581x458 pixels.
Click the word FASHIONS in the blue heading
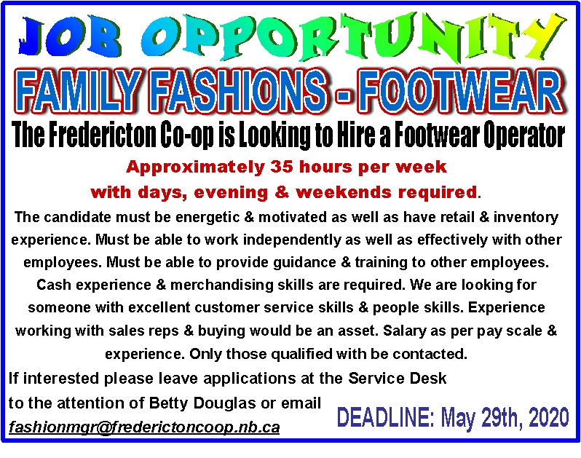click(240, 91)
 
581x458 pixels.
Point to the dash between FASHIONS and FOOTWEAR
click(343, 95)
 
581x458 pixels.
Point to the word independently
click(292, 240)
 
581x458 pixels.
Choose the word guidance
click(304, 263)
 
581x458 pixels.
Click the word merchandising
click(221, 285)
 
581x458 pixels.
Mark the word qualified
click(301, 355)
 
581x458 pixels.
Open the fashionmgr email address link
click(144, 427)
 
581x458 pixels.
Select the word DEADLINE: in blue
click(385, 417)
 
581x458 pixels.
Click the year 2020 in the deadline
click(549, 416)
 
